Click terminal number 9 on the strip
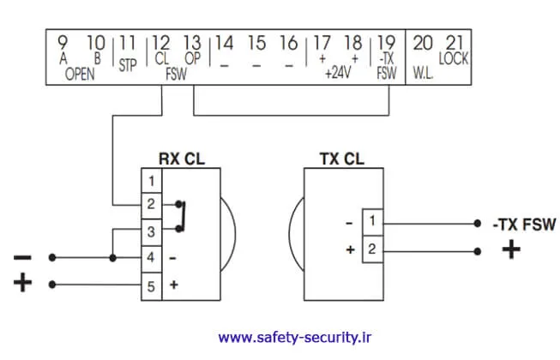(x=63, y=43)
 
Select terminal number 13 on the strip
(x=193, y=43)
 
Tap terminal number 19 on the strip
(x=386, y=43)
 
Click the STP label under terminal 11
(x=128, y=64)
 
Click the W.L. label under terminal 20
(x=424, y=74)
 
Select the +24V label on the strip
(x=339, y=74)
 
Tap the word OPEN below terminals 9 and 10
(x=80, y=74)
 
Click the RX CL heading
(x=182, y=159)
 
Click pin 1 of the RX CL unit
(x=151, y=181)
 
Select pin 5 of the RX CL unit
(x=151, y=287)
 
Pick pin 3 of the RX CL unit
(x=151, y=231)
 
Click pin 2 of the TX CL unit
(x=372, y=250)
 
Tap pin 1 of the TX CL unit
(x=372, y=223)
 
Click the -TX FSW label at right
(x=524, y=225)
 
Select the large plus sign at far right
(x=511, y=250)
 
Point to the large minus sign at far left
(x=23, y=257)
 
